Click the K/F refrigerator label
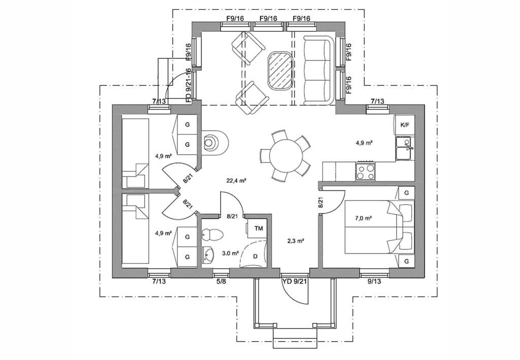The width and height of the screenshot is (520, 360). pos(405,125)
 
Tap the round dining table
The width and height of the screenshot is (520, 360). pos(286,155)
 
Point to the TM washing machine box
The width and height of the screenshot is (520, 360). pos(258,228)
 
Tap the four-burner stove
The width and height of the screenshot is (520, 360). pos(365,172)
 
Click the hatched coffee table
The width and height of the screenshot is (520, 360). pos(280,71)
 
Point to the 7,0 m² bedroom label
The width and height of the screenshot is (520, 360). pos(363,218)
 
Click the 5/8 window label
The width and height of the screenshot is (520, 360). pos(221,281)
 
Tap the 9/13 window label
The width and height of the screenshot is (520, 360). pos(374,281)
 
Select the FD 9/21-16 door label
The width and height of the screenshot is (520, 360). pos(188,85)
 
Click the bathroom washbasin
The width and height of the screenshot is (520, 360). pos(209,255)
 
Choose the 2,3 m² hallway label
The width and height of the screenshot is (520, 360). pos(296,241)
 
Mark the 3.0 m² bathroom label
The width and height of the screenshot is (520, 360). pos(231,253)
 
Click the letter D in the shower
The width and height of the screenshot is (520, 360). pos(255,256)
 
